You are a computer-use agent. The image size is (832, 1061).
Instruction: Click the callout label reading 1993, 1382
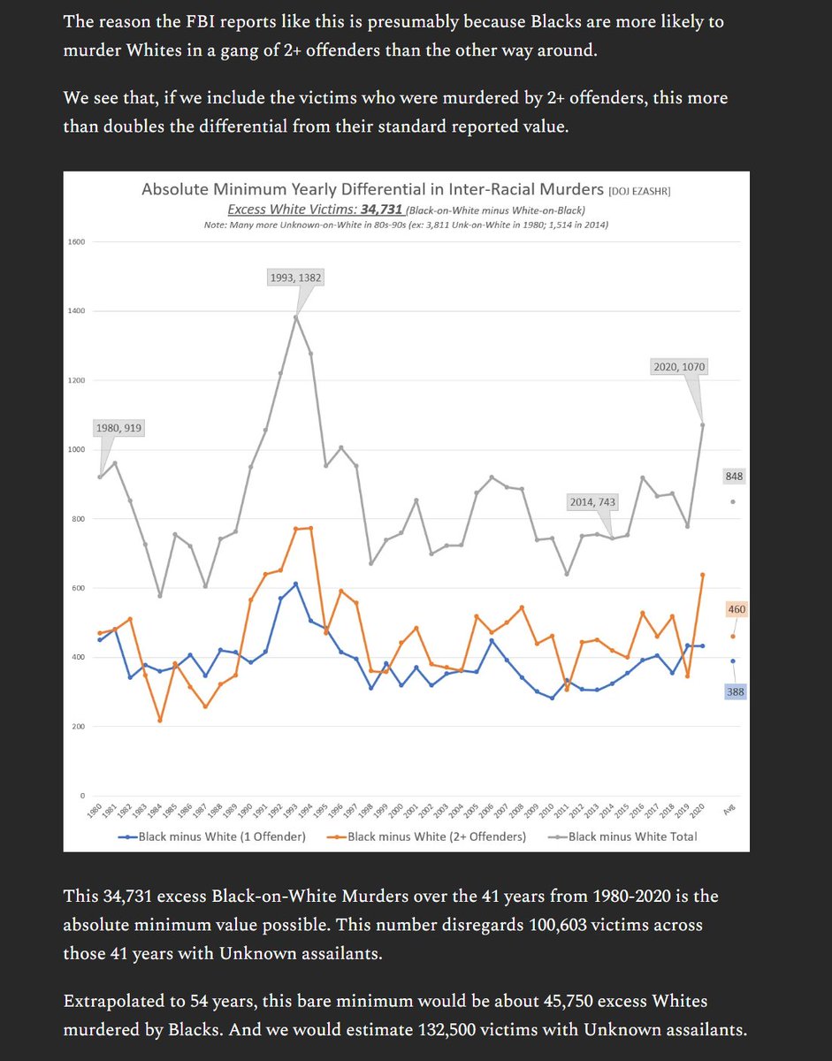295,278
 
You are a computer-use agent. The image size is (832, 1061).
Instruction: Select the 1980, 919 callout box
118,429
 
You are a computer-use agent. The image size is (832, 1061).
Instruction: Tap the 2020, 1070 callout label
677,367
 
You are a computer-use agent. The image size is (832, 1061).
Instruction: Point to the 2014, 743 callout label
592,501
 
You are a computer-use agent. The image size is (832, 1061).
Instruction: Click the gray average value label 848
734,477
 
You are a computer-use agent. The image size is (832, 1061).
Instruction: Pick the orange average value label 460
736,609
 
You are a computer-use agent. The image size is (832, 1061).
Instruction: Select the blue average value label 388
736,692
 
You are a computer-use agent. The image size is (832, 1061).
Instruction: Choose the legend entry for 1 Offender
212,836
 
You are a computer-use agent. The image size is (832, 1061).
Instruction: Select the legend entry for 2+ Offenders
428,836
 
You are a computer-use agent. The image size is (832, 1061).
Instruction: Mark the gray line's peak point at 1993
295,317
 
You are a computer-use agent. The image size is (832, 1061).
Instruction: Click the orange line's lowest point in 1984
160,721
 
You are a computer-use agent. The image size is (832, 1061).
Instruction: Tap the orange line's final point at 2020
702,575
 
